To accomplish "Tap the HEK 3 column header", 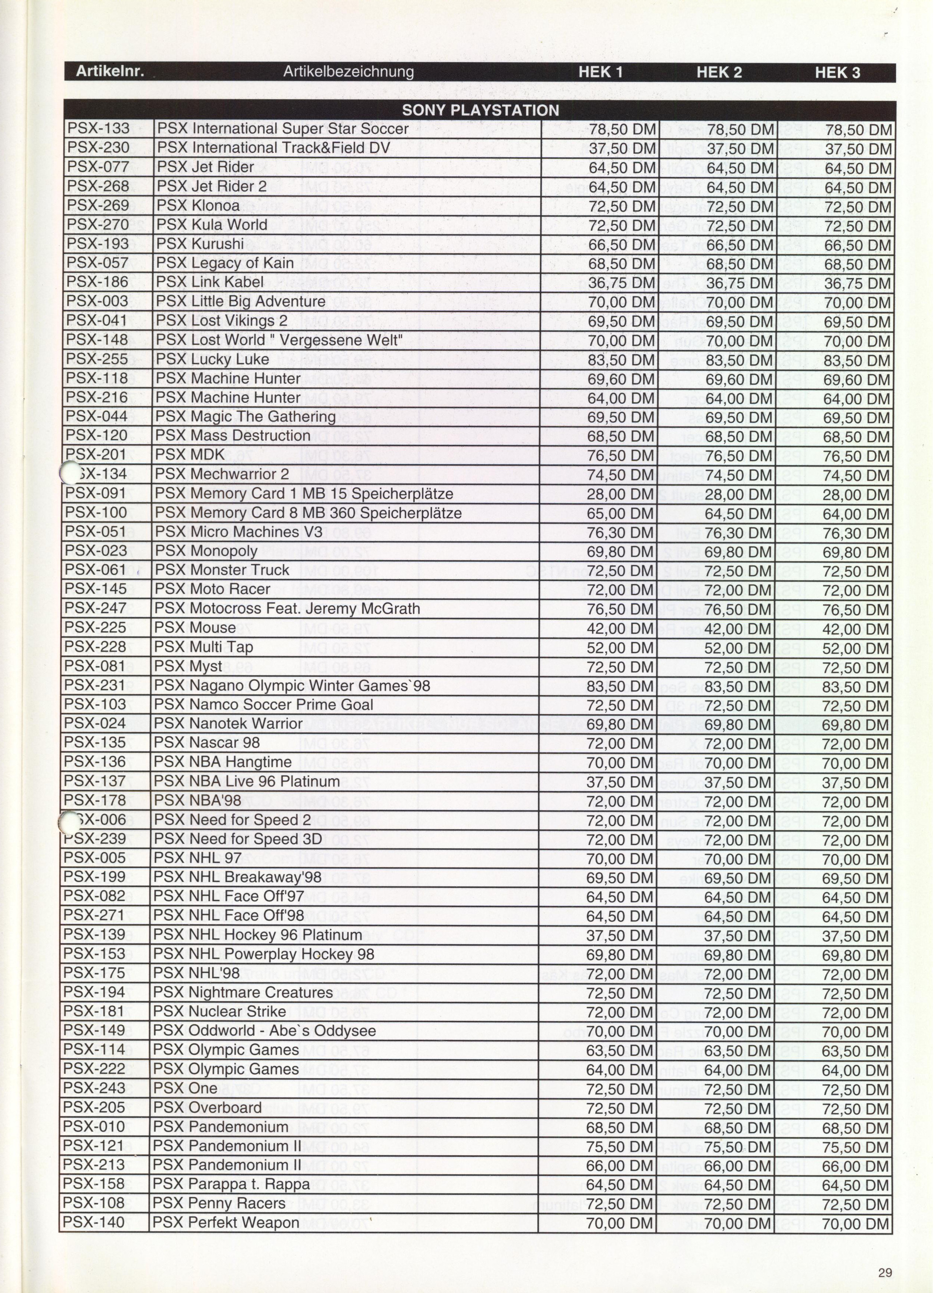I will tap(837, 73).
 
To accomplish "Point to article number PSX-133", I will tap(98, 129).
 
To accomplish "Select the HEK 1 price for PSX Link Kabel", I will tap(622, 283).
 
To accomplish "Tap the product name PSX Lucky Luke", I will tap(212, 359).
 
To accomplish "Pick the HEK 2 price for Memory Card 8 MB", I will tap(738, 514).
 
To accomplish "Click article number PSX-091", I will tap(95, 493).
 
